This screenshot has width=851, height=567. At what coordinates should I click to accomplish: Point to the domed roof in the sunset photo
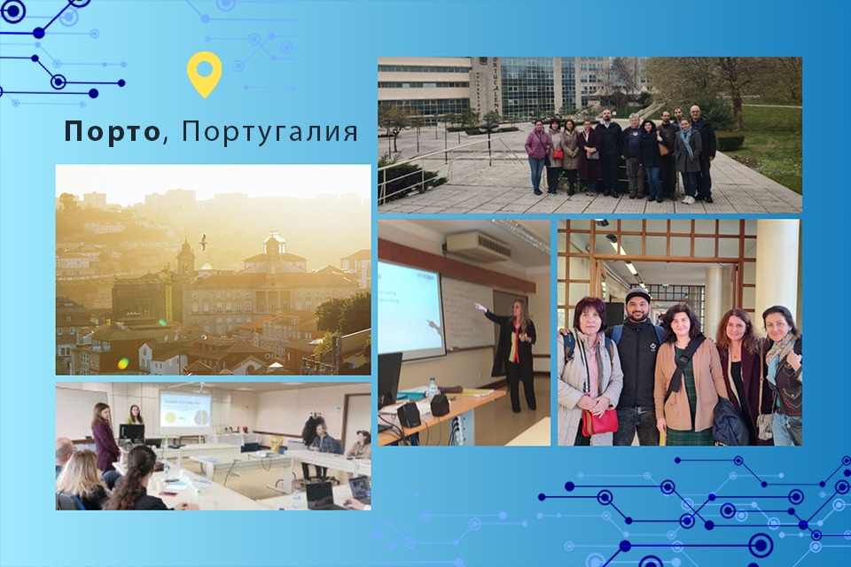click(275, 241)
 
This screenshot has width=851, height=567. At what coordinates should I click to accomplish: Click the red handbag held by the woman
click(601, 421)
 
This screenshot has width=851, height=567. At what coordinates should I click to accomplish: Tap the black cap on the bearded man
click(636, 295)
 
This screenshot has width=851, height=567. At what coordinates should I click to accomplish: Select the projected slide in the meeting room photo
click(184, 409)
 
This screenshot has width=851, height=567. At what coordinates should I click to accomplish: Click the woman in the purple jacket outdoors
click(537, 151)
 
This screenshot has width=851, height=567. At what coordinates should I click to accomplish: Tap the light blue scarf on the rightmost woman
click(779, 354)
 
